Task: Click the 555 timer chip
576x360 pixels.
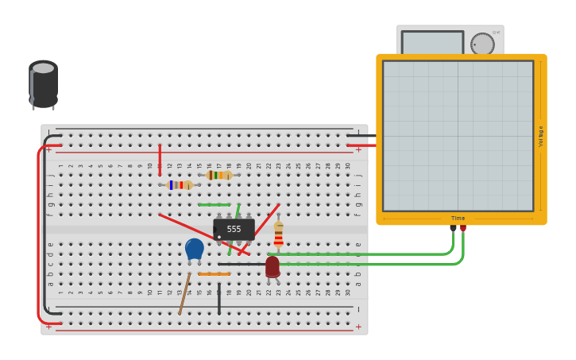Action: click(234, 229)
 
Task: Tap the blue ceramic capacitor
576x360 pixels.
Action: click(194, 248)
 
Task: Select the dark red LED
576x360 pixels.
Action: click(273, 266)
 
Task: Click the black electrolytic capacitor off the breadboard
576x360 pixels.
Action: click(44, 84)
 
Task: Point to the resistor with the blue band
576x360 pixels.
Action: click(180, 185)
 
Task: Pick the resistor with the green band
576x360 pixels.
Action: click(219, 175)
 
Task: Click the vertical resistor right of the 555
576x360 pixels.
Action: click(278, 234)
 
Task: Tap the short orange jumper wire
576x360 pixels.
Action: click(214, 274)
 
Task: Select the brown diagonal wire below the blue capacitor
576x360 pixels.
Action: click(184, 294)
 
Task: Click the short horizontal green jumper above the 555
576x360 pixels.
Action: click(214, 204)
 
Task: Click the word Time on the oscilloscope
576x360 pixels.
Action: click(458, 218)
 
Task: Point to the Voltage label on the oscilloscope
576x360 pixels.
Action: click(541, 136)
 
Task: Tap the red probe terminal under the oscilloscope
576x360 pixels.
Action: click(463, 228)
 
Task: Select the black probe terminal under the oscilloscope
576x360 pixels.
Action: click(453, 228)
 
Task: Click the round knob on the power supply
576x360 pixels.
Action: click(481, 44)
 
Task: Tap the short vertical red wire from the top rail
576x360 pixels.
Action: click(160, 159)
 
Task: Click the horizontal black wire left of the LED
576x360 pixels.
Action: click(241, 264)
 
